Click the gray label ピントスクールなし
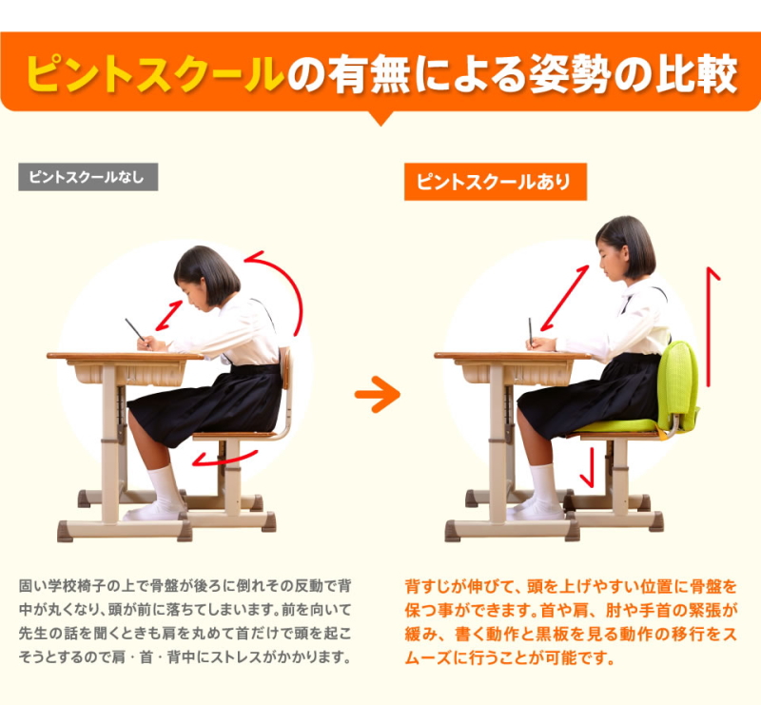[88, 177]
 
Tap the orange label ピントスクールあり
[495, 182]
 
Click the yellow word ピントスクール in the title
[154, 74]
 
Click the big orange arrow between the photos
[378, 394]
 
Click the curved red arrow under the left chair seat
[224, 460]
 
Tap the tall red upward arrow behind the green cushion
[709, 326]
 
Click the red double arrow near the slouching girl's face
[169, 316]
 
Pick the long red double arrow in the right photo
[564, 298]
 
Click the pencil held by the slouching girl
[136, 331]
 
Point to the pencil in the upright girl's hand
[531, 333]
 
